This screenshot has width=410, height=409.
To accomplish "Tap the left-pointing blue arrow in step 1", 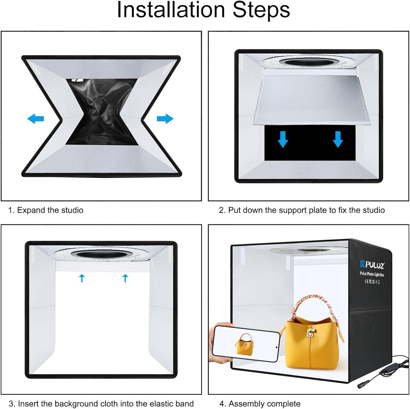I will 36,119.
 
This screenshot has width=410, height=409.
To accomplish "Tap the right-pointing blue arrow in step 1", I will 165,119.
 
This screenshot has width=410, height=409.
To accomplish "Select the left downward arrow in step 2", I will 283,139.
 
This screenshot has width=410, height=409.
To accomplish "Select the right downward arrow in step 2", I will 338,139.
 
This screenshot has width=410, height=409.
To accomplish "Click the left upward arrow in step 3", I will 82,278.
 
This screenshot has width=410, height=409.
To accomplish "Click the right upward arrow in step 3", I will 125,278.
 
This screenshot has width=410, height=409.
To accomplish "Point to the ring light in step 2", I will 309,61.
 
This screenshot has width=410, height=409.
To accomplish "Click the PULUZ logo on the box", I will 372,265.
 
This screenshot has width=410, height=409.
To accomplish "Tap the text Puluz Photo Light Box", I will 372,274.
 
